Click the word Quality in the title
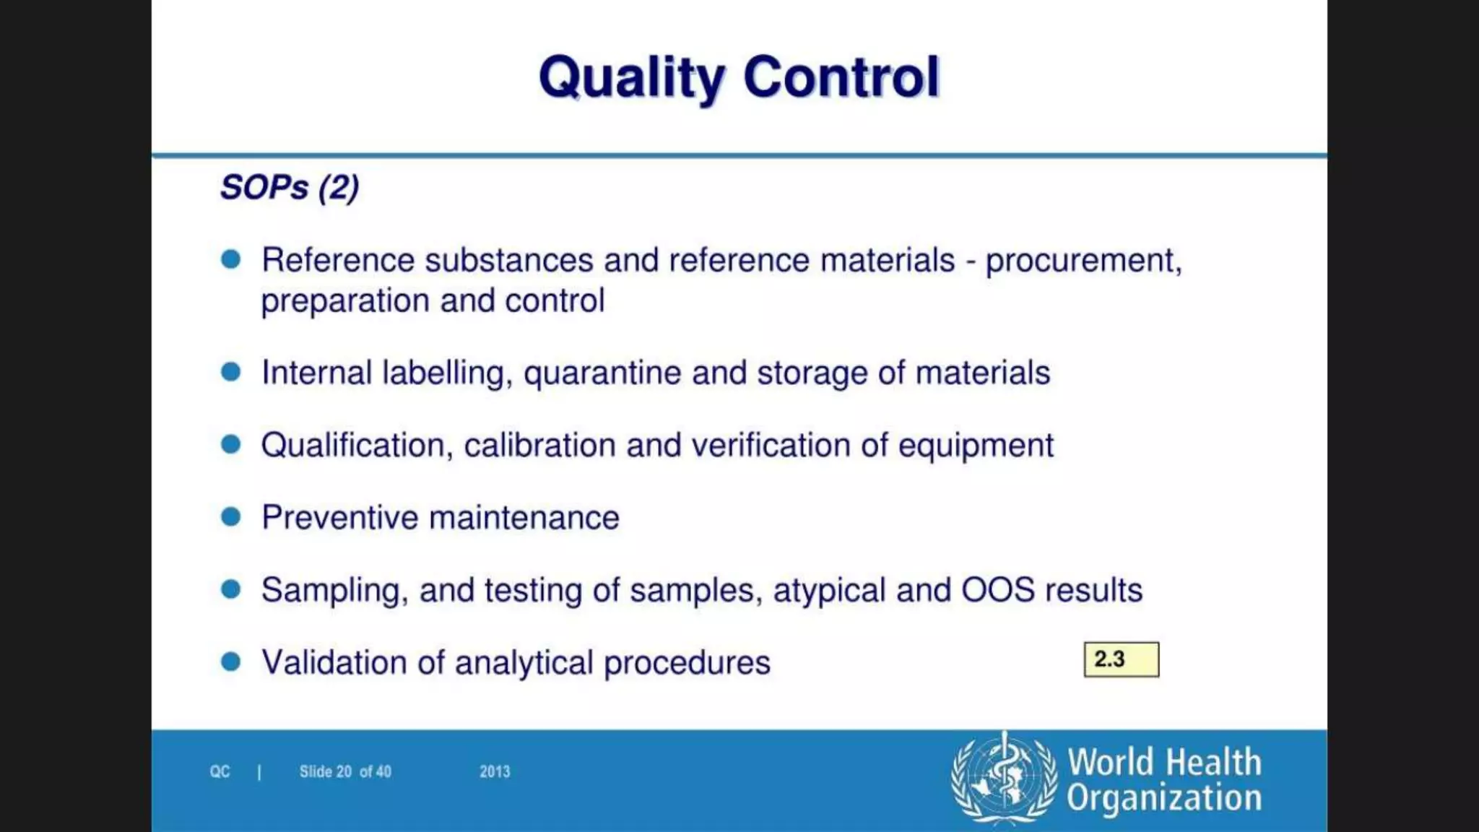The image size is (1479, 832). pyautogui.click(x=631, y=77)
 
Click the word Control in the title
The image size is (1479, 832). pyautogui.click(x=841, y=77)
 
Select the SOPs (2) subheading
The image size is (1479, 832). pyautogui.click(x=290, y=188)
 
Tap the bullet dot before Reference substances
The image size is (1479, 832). pyautogui.click(x=231, y=259)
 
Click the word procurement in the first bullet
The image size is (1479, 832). pyautogui.click(x=1083, y=261)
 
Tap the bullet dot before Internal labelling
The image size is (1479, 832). pyautogui.click(x=231, y=372)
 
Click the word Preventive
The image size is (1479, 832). pyautogui.click(x=339, y=518)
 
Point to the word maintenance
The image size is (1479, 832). pyautogui.click(x=524, y=518)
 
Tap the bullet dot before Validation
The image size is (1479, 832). pyautogui.click(x=231, y=662)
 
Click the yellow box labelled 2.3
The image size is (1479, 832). pyautogui.click(x=1121, y=659)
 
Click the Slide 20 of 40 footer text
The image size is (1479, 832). pyautogui.click(x=345, y=772)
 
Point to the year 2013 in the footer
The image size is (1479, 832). pyautogui.click(x=495, y=772)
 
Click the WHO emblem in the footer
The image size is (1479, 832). pyautogui.click(x=1004, y=778)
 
